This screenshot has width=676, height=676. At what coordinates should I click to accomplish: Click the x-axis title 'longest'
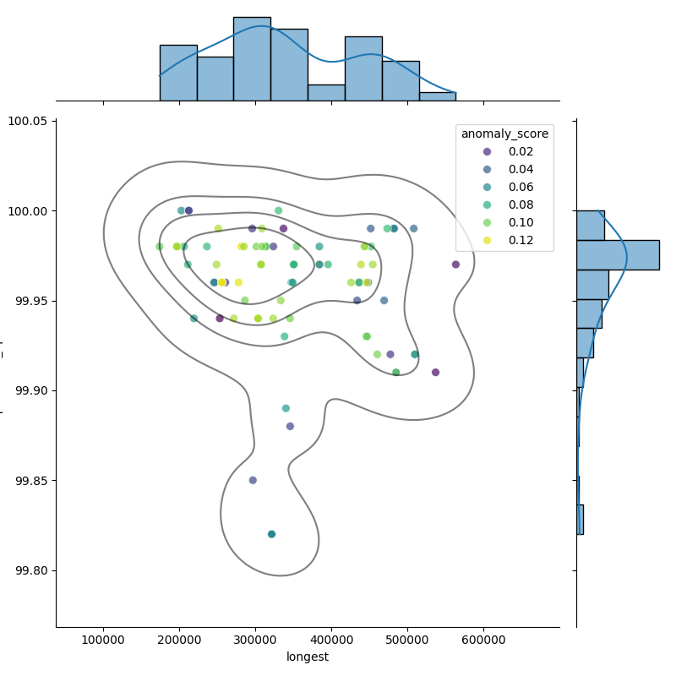pyautogui.click(x=308, y=657)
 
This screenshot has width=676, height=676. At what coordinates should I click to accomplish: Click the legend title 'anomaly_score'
pyautogui.click(x=504, y=134)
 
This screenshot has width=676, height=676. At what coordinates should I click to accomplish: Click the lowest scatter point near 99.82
pyautogui.click(x=271, y=534)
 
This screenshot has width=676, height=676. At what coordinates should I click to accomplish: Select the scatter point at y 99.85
pyautogui.click(x=253, y=480)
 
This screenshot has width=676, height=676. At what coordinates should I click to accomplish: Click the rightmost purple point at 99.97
pyautogui.click(x=455, y=264)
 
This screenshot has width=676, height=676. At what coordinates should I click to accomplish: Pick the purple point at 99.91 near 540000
pyautogui.click(x=435, y=372)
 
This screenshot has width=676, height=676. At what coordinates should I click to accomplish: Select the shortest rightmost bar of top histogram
pyautogui.click(x=437, y=96)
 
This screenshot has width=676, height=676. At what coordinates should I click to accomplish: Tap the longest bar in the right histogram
pyautogui.click(x=617, y=254)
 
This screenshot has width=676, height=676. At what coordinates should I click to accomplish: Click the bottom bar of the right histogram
pyautogui.click(x=580, y=519)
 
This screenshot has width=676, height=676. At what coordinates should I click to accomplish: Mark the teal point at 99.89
pyautogui.click(x=286, y=408)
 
